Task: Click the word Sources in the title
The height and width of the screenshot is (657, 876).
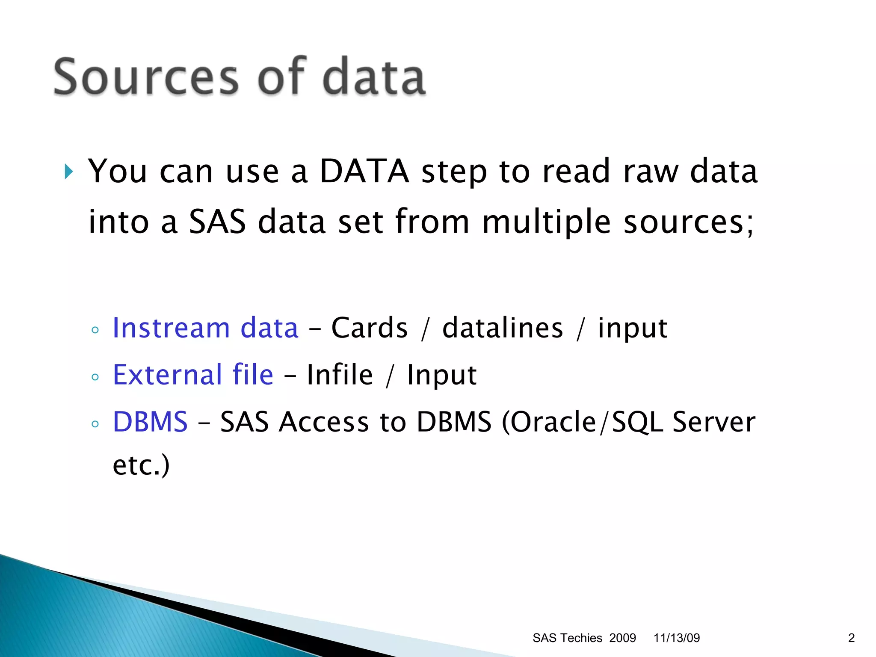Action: (x=145, y=77)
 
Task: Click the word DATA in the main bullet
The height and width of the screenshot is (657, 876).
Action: (x=364, y=171)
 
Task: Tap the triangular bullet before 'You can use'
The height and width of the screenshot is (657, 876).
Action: (x=69, y=172)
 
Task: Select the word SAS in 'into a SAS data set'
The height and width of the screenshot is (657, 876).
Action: (x=217, y=222)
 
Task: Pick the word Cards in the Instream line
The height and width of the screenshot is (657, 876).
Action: (x=370, y=328)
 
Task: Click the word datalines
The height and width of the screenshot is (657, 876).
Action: (x=503, y=328)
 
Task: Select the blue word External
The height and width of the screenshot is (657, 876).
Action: (x=167, y=375)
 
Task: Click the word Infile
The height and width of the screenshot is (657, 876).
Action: (x=340, y=375)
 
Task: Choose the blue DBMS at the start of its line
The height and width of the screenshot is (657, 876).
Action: (x=150, y=422)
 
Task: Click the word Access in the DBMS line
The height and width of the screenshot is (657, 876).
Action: (x=323, y=422)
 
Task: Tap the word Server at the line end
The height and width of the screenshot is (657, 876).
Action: (x=713, y=422)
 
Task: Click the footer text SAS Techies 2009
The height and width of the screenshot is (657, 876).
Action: (x=584, y=638)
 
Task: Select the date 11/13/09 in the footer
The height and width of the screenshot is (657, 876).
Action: (x=677, y=638)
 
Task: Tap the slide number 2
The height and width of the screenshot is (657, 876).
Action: (x=851, y=638)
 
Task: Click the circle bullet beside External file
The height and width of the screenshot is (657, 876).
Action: (x=95, y=377)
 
